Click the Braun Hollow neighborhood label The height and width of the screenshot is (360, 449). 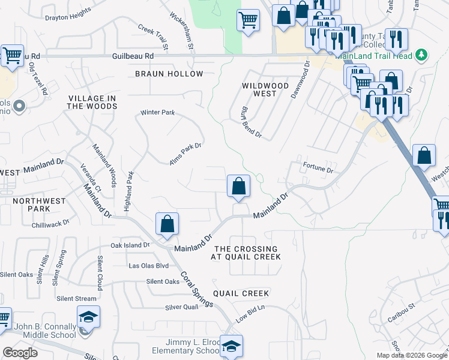(169, 74)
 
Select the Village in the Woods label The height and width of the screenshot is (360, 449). (92, 102)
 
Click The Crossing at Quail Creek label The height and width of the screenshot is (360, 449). (246, 253)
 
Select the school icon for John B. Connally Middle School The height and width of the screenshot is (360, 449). (88, 317)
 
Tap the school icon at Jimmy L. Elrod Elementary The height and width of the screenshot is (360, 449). (231, 346)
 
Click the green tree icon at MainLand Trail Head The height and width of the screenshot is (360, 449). (421, 55)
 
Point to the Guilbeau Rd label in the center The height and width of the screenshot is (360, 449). (133, 56)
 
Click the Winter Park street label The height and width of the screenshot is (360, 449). (157, 112)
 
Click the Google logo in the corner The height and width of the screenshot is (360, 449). (20, 353)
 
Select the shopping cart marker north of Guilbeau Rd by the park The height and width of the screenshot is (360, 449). (248, 20)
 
